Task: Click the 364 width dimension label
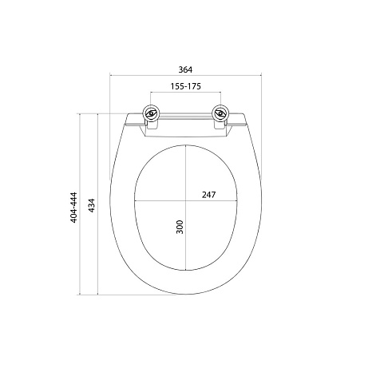point(185,69)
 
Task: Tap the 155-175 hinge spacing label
point(186,86)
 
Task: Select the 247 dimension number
point(208,195)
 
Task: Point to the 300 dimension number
point(180,227)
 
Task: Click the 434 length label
point(92,205)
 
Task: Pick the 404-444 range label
point(73,208)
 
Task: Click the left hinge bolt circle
point(151,113)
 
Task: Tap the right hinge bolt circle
point(220,113)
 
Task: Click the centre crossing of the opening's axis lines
point(185,200)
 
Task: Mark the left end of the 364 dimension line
point(110,75)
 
